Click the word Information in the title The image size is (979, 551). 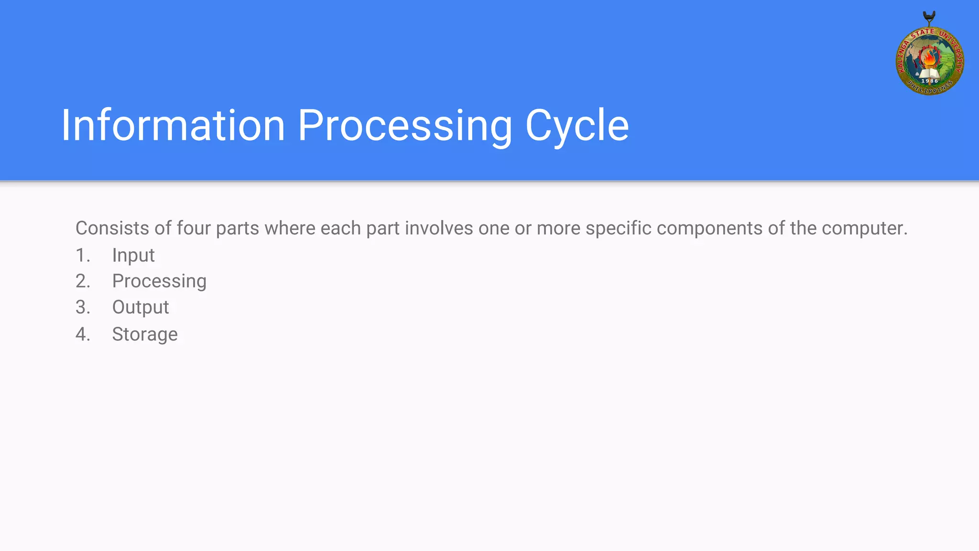pos(173,125)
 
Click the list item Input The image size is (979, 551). pos(133,255)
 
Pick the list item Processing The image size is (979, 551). pos(159,281)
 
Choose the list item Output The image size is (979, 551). pos(141,308)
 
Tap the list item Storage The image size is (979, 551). pos(145,334)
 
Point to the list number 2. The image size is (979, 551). pos(83,281)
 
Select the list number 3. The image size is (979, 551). pos(83,308)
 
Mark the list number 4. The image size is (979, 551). pos(83,334)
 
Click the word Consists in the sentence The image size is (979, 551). pos(112,228)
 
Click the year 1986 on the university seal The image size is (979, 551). pos(930,81)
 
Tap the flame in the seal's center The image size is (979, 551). pos(929,59)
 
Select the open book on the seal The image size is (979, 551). pos(929,73)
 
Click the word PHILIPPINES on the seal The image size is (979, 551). pos(930,88)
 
